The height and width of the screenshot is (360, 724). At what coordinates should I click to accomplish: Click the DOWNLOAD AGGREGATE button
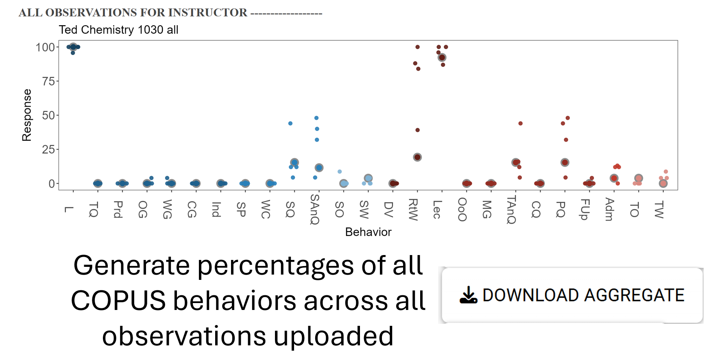click(x=572, y=295)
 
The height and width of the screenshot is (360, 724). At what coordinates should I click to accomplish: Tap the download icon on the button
click(x=468, y=295)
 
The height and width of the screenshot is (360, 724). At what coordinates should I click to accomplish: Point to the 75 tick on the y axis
click(x=48, y=81)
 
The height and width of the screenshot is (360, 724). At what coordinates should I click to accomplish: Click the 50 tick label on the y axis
click(x=48, y=116)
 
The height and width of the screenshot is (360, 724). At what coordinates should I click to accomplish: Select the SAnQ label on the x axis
click(x=314, y=209)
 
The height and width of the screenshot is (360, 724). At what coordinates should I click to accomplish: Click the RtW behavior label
click(x=413, y=209)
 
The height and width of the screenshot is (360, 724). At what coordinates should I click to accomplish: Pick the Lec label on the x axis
click(x=437, y=209)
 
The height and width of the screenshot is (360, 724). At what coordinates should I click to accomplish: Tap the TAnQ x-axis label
click(x=511, y=209)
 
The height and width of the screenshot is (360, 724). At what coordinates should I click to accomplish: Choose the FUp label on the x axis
click(x=584, y=209)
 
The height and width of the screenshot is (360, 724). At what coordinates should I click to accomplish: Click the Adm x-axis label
click(x=609, y=209)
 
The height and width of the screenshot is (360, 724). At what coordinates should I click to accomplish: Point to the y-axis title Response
click(x=27, y=115)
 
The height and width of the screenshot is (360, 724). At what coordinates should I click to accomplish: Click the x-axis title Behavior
click(x=368, y=232)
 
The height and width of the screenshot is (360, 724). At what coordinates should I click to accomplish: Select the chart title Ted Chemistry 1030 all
click(x=118, y=30)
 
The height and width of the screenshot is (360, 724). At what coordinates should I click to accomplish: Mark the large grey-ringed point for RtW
click(x=417, y=157)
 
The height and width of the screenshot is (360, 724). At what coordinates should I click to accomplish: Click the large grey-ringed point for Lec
click(x=442, y=58)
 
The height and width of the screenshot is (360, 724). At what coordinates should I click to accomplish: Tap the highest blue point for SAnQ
click(x=316, y=118)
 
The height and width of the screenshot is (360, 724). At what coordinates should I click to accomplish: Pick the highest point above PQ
click(x=568, y=118)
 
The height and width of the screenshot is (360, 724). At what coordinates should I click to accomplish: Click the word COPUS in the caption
click(x=119, y=301)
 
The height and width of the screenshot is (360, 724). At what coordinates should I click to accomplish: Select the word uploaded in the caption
click(x=333, y=336)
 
